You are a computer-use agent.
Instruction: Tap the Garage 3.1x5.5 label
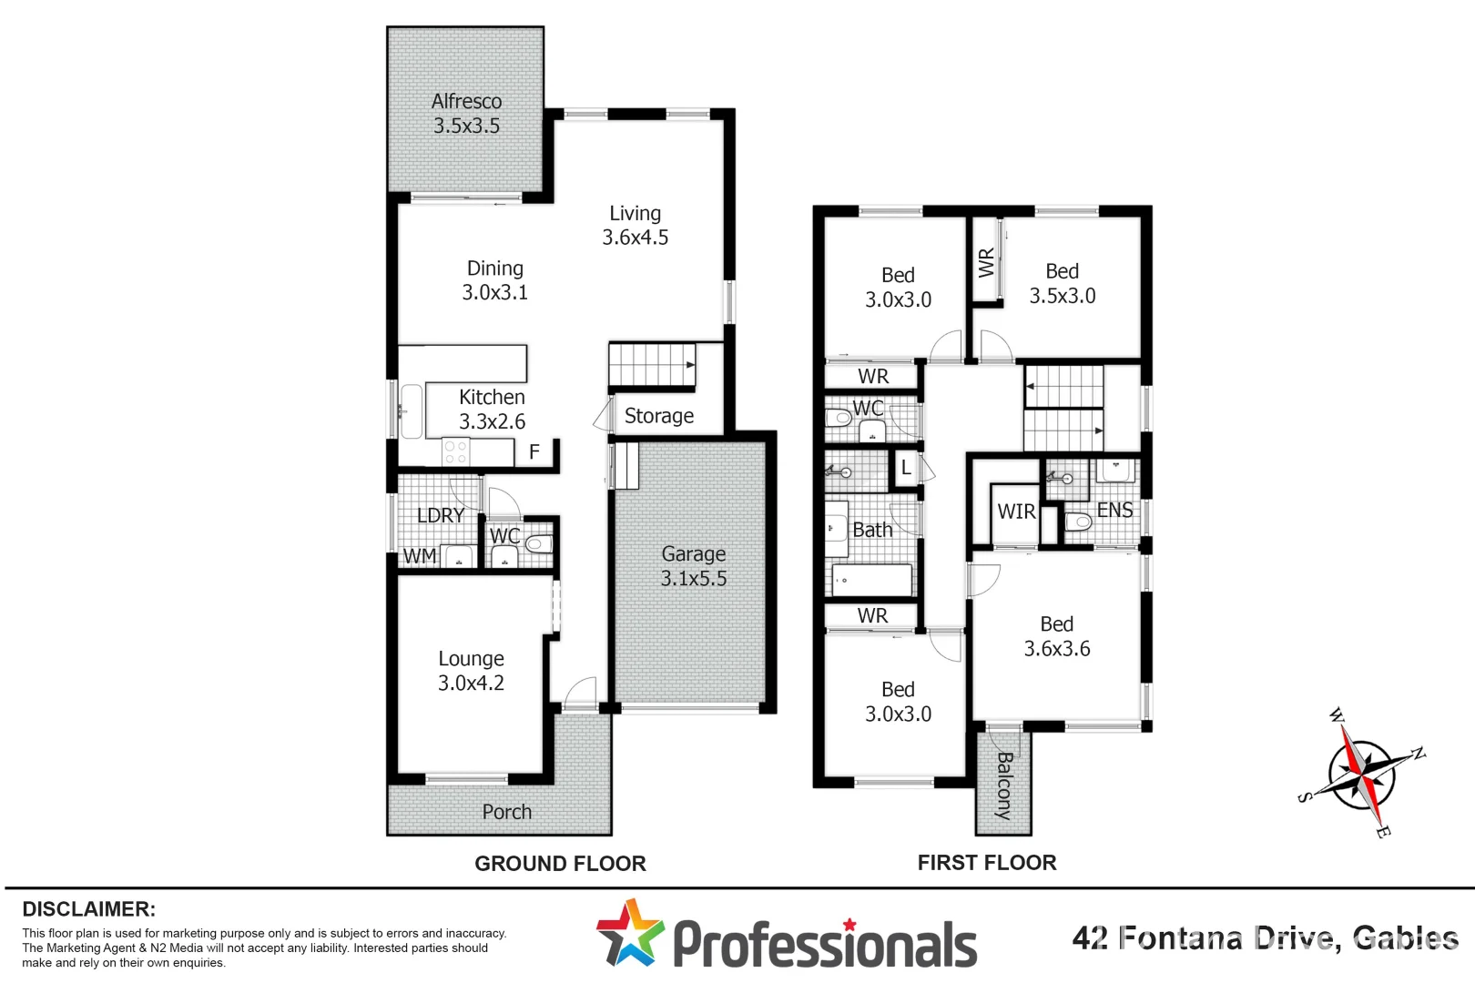coord(694,566)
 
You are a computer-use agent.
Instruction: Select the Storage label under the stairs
coord(659,416)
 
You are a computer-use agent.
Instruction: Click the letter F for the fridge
coord(534,451)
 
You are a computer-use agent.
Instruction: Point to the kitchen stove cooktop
coord(455,451)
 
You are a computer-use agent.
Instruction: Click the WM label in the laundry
coord(420,555)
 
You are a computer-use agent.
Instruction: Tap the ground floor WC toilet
coord(539,544)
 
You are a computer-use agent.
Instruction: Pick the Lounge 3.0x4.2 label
coord(471,671)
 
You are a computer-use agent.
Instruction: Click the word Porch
coord(506,812)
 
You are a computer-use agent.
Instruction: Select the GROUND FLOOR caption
coord(560,864)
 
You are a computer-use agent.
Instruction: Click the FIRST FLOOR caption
coord(987,863)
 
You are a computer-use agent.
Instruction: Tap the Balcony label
coord(1004,785)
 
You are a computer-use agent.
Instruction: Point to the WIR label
coord(1016,512)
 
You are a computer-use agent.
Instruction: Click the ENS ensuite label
coord(1114,511)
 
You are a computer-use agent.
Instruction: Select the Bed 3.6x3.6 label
coord(1057,636)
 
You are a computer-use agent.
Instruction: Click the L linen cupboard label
coord(906,468)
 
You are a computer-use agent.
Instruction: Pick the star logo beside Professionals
coord(630,933)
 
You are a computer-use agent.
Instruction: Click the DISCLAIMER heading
coord(88,909)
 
